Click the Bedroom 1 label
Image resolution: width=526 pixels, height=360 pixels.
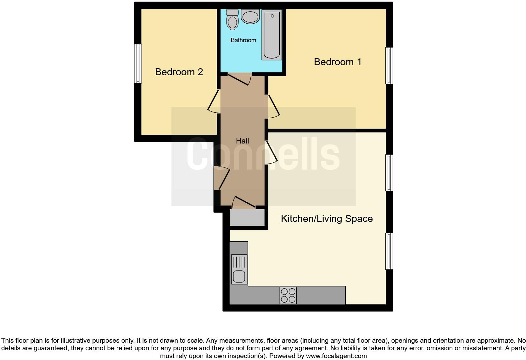(338, 62)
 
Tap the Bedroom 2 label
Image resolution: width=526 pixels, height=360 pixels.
(179, 72)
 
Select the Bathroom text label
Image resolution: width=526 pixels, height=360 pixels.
(243, 40)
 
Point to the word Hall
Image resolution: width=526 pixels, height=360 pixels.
(242, 141)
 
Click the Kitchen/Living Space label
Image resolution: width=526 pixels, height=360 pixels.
(327, 219)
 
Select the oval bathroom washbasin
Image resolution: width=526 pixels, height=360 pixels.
(250, 16)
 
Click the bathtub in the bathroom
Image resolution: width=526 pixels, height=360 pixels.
(271, 35)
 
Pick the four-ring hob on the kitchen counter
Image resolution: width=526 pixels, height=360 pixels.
(288, 295)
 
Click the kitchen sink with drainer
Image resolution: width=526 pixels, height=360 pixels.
(239, 269)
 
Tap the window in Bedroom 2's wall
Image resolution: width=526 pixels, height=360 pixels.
(138, 64)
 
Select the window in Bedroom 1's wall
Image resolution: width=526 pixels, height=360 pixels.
(389, 65)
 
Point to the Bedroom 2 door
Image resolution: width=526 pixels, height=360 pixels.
(213, 102)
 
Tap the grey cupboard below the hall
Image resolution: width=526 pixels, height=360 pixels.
(247, 218)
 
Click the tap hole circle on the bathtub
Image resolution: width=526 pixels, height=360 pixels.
(272, 16)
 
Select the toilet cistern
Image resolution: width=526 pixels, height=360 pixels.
(232, 12)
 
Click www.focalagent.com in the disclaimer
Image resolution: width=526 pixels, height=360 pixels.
(336, 356)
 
